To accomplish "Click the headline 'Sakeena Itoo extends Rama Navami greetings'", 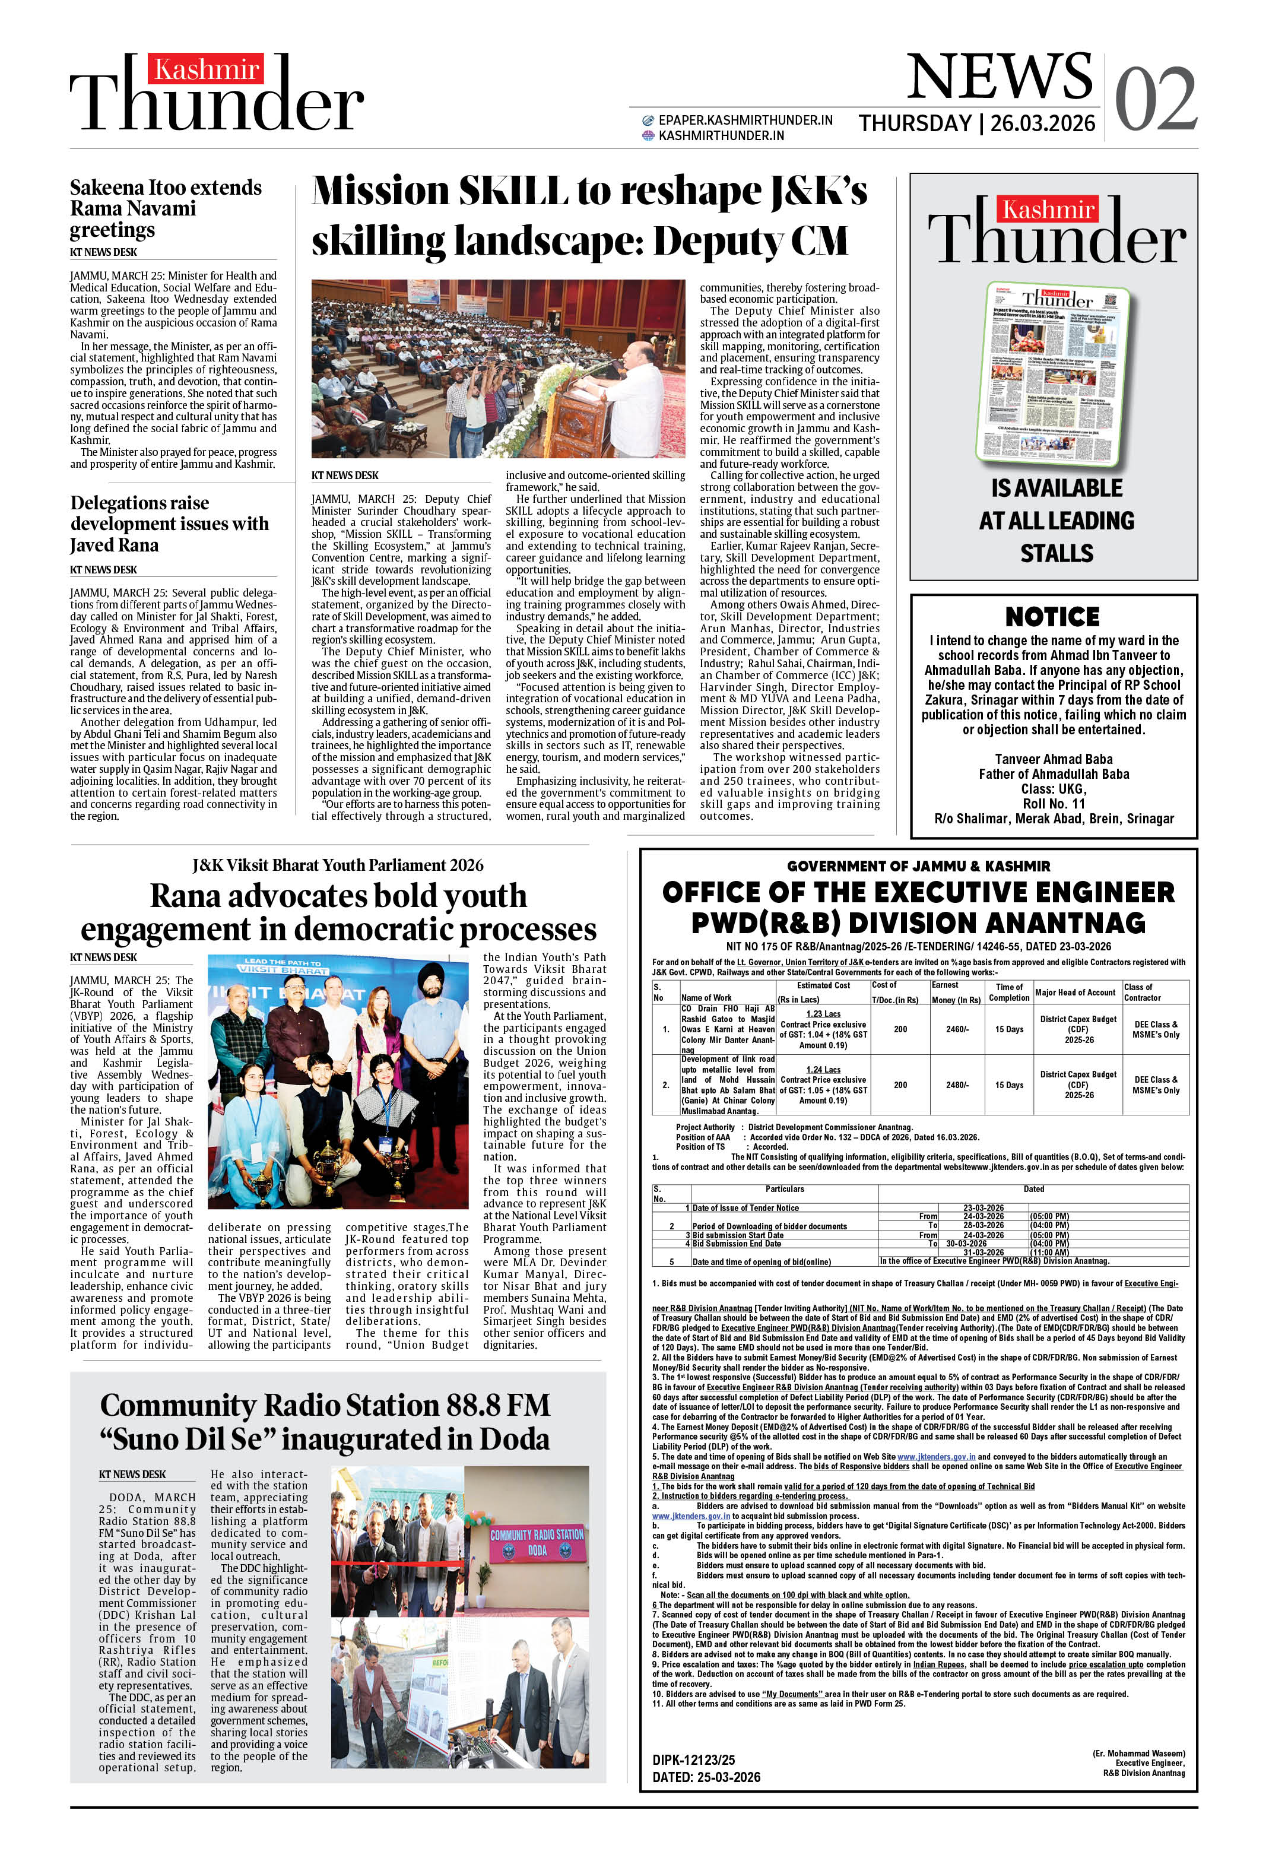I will coord(166,209).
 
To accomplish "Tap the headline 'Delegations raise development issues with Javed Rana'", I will coord(170,524).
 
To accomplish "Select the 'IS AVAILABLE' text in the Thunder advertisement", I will coord(1057,488).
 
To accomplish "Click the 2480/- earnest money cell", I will coord(957,1085).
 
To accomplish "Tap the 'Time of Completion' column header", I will coord(1008,992).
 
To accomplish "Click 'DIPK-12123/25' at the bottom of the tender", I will coord(693,1759).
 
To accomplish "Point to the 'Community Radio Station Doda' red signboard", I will coord(537,1542).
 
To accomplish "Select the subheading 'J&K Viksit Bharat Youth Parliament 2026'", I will coord(338,865).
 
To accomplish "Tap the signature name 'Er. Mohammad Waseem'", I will coord(1138,1754).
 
